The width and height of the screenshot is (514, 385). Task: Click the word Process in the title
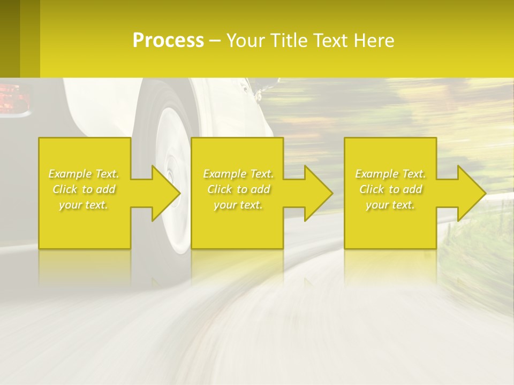pyautogui.click(x=168, y=41)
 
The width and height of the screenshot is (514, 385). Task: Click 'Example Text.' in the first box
pyautogui.click(x=84, y=174)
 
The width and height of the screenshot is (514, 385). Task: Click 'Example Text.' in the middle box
pyautogui.click(x=238, y=174)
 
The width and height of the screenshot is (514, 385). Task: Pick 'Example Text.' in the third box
pyautogui.click(x=390, y=174)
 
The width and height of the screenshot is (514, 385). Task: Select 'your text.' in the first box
pyautogui.click(x=84, y=205)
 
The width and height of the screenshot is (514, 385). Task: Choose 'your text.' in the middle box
pyautogui.click(x=238, y=205)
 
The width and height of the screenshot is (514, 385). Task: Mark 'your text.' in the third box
pyautogui.click(x=390, y=205)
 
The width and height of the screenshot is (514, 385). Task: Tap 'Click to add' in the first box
pyautogui.click(x=84, y=189)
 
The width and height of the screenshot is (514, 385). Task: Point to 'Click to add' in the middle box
pyautogui.click(x=238, y=189)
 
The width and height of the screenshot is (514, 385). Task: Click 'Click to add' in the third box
pyautogui.click(x=390, y=189)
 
